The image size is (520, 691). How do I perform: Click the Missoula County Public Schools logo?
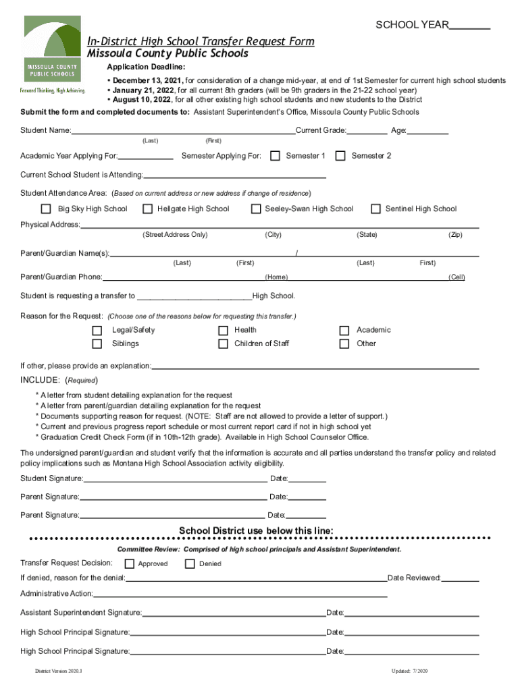[x=52, y=54]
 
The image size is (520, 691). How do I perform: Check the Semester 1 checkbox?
[x=275, y=156]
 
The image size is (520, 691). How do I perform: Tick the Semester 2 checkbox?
[x=340, y=156]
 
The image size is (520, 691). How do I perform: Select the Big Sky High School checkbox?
[x=46, y=209]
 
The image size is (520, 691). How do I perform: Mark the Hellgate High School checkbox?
[x=147, y=209]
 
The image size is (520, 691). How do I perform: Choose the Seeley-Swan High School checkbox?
[x=256, y=209]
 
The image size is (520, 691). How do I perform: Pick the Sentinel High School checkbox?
[x=375, y=209]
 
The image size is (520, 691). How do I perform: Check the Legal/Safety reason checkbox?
[x=98, y=330]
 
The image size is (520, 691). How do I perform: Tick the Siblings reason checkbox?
[x=98, y=343]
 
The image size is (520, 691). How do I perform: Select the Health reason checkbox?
[x=223, y=330]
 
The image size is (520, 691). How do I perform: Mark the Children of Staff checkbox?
[x=223, y=343]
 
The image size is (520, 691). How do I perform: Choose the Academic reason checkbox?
[x=344, y=330]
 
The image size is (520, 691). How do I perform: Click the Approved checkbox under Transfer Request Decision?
[x=130, y=563]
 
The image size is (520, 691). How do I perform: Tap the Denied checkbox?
[x=190, y=563]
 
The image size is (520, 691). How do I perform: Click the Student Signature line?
[x=176, y=479]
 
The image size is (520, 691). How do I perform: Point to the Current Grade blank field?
[x=367, y=130]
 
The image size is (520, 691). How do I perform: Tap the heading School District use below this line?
[x=256, y=531]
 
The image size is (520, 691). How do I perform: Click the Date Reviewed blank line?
[x=461, y=578]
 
